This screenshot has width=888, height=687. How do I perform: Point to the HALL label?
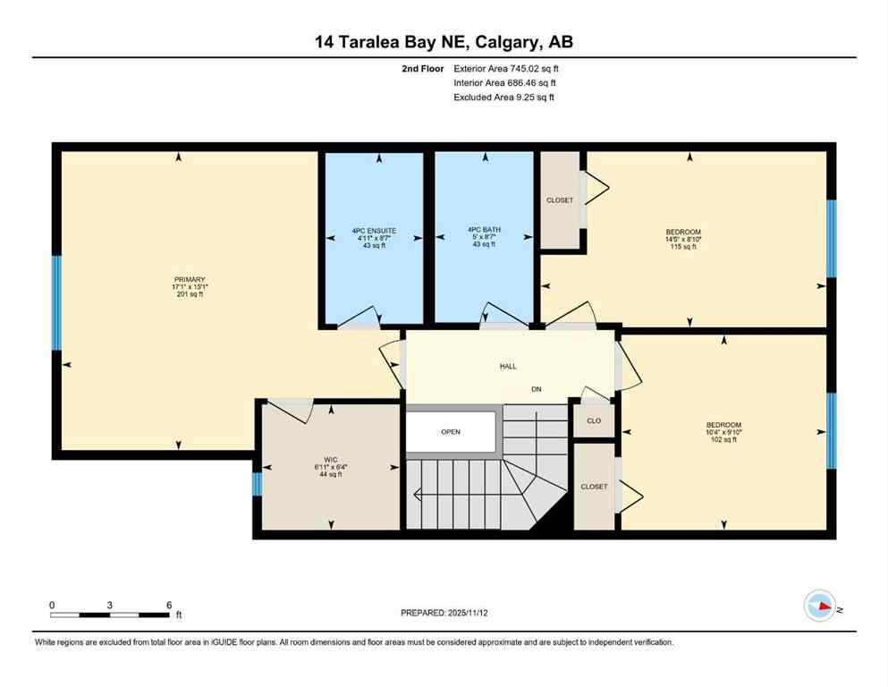point(508,366)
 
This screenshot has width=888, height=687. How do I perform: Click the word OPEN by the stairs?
point(450,432)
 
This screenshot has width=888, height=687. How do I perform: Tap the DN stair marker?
point(537,389)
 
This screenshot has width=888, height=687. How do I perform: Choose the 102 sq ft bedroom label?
point(723,432)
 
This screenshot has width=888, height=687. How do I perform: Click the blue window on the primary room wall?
point(57,303)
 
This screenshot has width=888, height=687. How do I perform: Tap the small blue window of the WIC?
point(257,484)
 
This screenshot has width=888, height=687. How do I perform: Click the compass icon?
point(819,606)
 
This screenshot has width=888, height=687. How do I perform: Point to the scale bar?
point(109,615)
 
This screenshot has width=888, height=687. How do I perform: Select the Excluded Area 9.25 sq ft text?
point(504,98)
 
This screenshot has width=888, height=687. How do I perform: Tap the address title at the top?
point(444,42)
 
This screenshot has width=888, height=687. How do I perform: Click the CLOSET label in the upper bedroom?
point(560,200)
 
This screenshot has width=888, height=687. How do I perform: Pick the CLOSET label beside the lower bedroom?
point(594,487)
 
